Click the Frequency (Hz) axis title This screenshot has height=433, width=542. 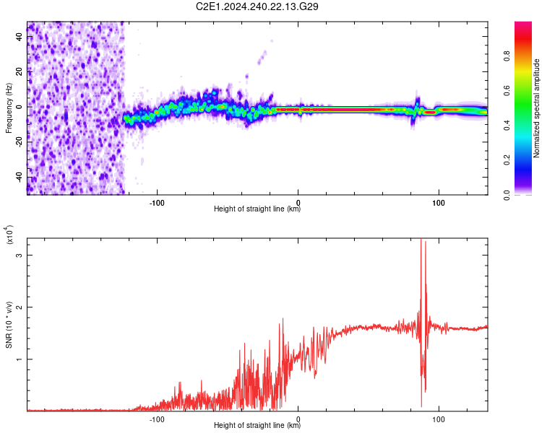pyautogui.click(x=9, y=108)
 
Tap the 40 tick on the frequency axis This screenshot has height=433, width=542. pyautogui.click(x=20, y=36)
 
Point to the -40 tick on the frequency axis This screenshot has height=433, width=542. pyautogui.click(x=20, y=177)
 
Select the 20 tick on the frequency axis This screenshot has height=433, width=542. pyautogui.click(x=20, y=71)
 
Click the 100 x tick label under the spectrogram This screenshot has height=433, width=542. pyautogui.click(x=439, y=201)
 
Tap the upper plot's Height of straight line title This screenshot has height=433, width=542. pyautogui.click(x=257, y=209)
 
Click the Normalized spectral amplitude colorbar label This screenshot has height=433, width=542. pyautogui.click(x=537, y=108)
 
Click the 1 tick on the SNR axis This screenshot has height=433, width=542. pyautogui.click(x=20, y=359)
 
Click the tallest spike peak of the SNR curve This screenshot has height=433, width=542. pyautogui.click(x=421, y=240)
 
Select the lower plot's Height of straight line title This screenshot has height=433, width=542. pyautogui.click(x=257, y=425)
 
